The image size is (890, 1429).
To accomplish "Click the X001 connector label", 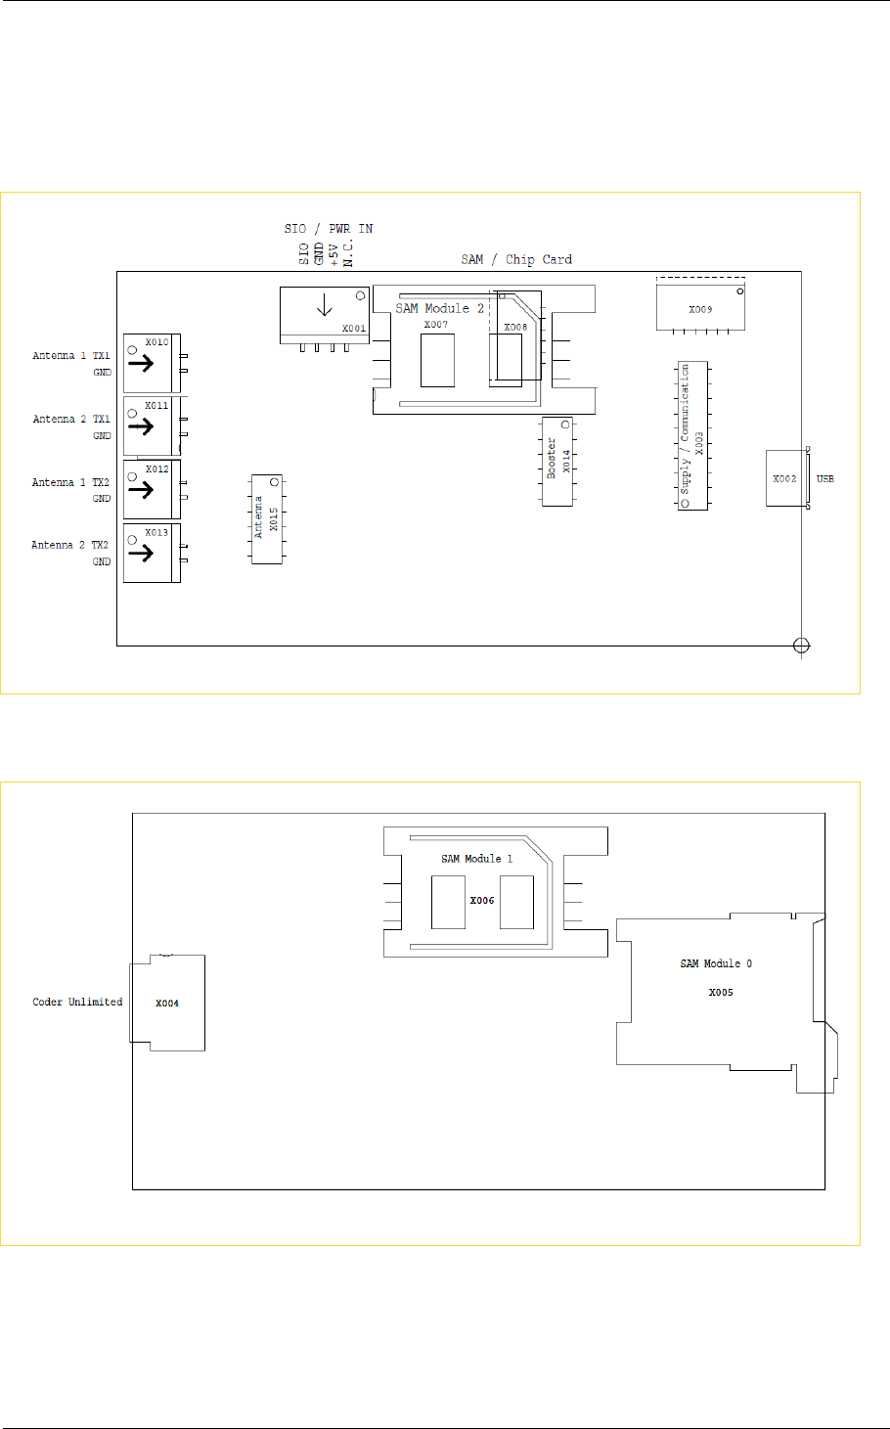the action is pyautogui.click(x=353, y=329).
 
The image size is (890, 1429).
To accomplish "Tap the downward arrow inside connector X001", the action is pyautogui.click(x=325, y=305).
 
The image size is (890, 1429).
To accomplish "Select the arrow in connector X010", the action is pyautogui.click(x=141, y=364).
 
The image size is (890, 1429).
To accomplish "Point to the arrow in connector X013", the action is pyautogui.click(x=141, y=553).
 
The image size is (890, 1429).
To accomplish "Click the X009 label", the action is pyautogui.click(x=700, y=309).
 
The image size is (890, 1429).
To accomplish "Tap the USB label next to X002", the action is pyautogui.click(x=824, y=478).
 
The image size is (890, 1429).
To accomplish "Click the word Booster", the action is pyautogui.click(x=552, y=458).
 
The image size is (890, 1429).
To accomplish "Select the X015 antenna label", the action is pyautogui.click(x=274, y=519).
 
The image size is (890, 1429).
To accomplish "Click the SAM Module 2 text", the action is pyautogui.click(x=439, y=308).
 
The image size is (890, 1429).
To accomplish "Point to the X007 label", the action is pyautogui.click(x=436, y=324).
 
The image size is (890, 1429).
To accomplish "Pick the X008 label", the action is pyautogui.click(x=515, y=328).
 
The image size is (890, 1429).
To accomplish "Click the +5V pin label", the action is pyautogui.click(x=334, y=254).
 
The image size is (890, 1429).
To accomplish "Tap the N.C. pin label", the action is pyautogui.click(x=348, y=252).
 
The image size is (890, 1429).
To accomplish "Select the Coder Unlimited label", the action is pyautogui.click(x=77, y=1002).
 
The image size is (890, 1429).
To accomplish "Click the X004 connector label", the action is pyautogui.click(x=167, y=1004).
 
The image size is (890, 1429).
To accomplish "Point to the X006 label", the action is pyautogui.click(x=482, y=900).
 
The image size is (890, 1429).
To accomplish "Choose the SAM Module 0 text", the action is pyautogui.click(x=716, y=963).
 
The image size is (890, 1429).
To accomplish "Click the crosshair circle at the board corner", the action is pyautogui.click(x=801, y=646).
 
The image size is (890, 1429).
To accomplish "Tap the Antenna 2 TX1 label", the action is pyautogui.click(x=70, y=420).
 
